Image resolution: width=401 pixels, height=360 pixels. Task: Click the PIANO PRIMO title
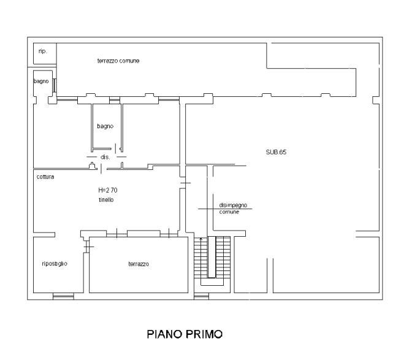point(185,334)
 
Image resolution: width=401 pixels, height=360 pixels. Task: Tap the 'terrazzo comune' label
point(118,61)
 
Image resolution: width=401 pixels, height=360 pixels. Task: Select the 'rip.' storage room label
point(43,51)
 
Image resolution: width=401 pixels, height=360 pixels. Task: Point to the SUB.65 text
point(276,152)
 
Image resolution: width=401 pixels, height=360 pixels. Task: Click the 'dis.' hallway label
point(105,157)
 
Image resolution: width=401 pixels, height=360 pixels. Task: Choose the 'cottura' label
point(45,177)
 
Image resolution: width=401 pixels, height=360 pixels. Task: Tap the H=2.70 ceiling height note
point(108,190)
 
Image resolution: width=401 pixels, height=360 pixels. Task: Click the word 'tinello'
point(106,200)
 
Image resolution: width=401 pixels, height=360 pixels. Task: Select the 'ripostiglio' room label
point(55,264)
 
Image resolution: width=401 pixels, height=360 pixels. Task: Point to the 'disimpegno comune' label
point(233,209)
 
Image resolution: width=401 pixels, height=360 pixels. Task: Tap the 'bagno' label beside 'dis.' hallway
point(105,126)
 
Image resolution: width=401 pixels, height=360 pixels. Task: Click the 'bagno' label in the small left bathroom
point(41,81)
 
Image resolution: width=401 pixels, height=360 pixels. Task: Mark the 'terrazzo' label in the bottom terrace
point(139,264)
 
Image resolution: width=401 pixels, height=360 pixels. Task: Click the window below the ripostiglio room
point(63,296)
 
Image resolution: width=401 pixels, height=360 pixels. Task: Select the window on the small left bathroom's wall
point(55,85)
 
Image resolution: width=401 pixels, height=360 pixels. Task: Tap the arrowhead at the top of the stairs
point(200,239)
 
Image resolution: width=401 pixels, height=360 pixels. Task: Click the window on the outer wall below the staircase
point(201,296)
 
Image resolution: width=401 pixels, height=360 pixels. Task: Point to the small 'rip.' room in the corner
point(45,53)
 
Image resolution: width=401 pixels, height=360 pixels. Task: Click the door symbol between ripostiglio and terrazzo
point(88,247)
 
